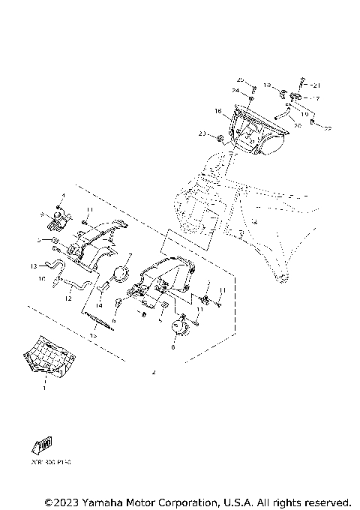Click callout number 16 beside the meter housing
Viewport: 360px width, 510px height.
pos(218,111)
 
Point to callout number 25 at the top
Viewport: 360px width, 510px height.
pos(240,79)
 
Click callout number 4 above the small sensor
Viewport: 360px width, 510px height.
pos(63,196)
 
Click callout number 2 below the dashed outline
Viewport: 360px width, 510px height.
pos(153,373)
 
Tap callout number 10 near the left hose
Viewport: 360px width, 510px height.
pos(41,278)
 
